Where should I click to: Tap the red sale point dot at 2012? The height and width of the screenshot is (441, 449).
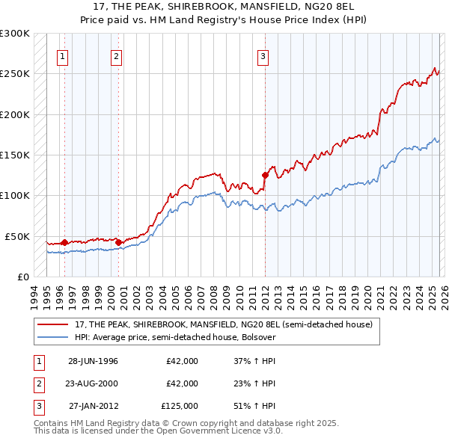265,175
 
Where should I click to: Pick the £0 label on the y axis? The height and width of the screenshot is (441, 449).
22,277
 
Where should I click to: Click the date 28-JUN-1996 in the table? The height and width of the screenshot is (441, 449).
93,360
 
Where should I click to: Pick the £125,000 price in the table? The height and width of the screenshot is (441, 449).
179,407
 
